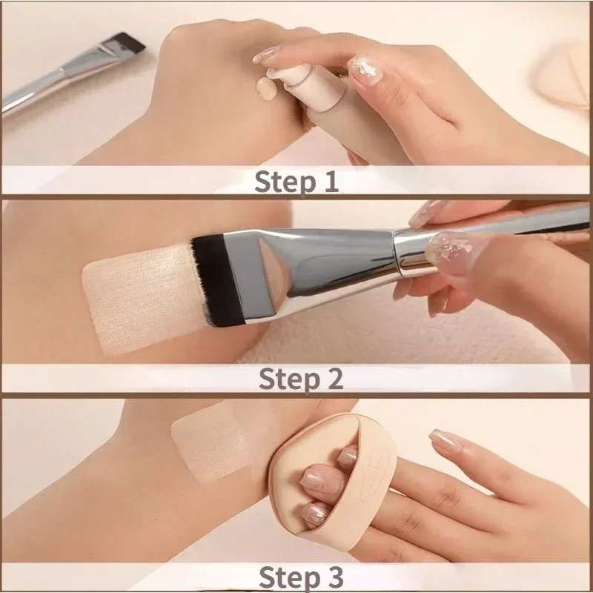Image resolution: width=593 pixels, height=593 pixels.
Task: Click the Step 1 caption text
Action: (x=296, y=181)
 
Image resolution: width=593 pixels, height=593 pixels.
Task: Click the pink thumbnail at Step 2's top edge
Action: (x=426, y=214)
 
